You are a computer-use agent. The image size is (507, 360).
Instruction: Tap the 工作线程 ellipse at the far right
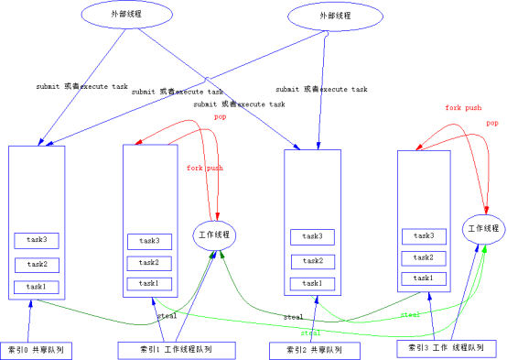coord(484,228)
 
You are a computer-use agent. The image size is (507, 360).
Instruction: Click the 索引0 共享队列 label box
coord(36,350)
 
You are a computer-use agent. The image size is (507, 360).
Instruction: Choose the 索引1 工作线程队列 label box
coord(176,349)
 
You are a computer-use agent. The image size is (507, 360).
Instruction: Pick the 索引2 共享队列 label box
coord(314,350)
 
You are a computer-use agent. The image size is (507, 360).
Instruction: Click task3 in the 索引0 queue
coord(37,241)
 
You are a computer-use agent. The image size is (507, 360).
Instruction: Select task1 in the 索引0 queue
coord(37,287)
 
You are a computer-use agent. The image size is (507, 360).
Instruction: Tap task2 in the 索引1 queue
coord(149,262)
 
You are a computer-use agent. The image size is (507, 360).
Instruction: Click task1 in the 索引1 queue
coord(149,283)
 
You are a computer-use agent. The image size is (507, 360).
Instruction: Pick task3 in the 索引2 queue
coord(313,236)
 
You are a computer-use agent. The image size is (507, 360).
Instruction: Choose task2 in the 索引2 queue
coord(313,260)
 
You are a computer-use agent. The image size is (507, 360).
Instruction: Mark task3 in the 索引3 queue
coord(424,235)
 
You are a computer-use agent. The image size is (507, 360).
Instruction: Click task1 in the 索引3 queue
coord(424,278)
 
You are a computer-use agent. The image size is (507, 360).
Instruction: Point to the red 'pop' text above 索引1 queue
coord(221,117)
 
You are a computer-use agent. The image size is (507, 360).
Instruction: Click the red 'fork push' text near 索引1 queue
coord(205,168)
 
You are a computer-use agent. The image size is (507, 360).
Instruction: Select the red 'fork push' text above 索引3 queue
coord(463,107)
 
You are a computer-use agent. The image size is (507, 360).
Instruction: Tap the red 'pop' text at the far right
coord(492,123)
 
